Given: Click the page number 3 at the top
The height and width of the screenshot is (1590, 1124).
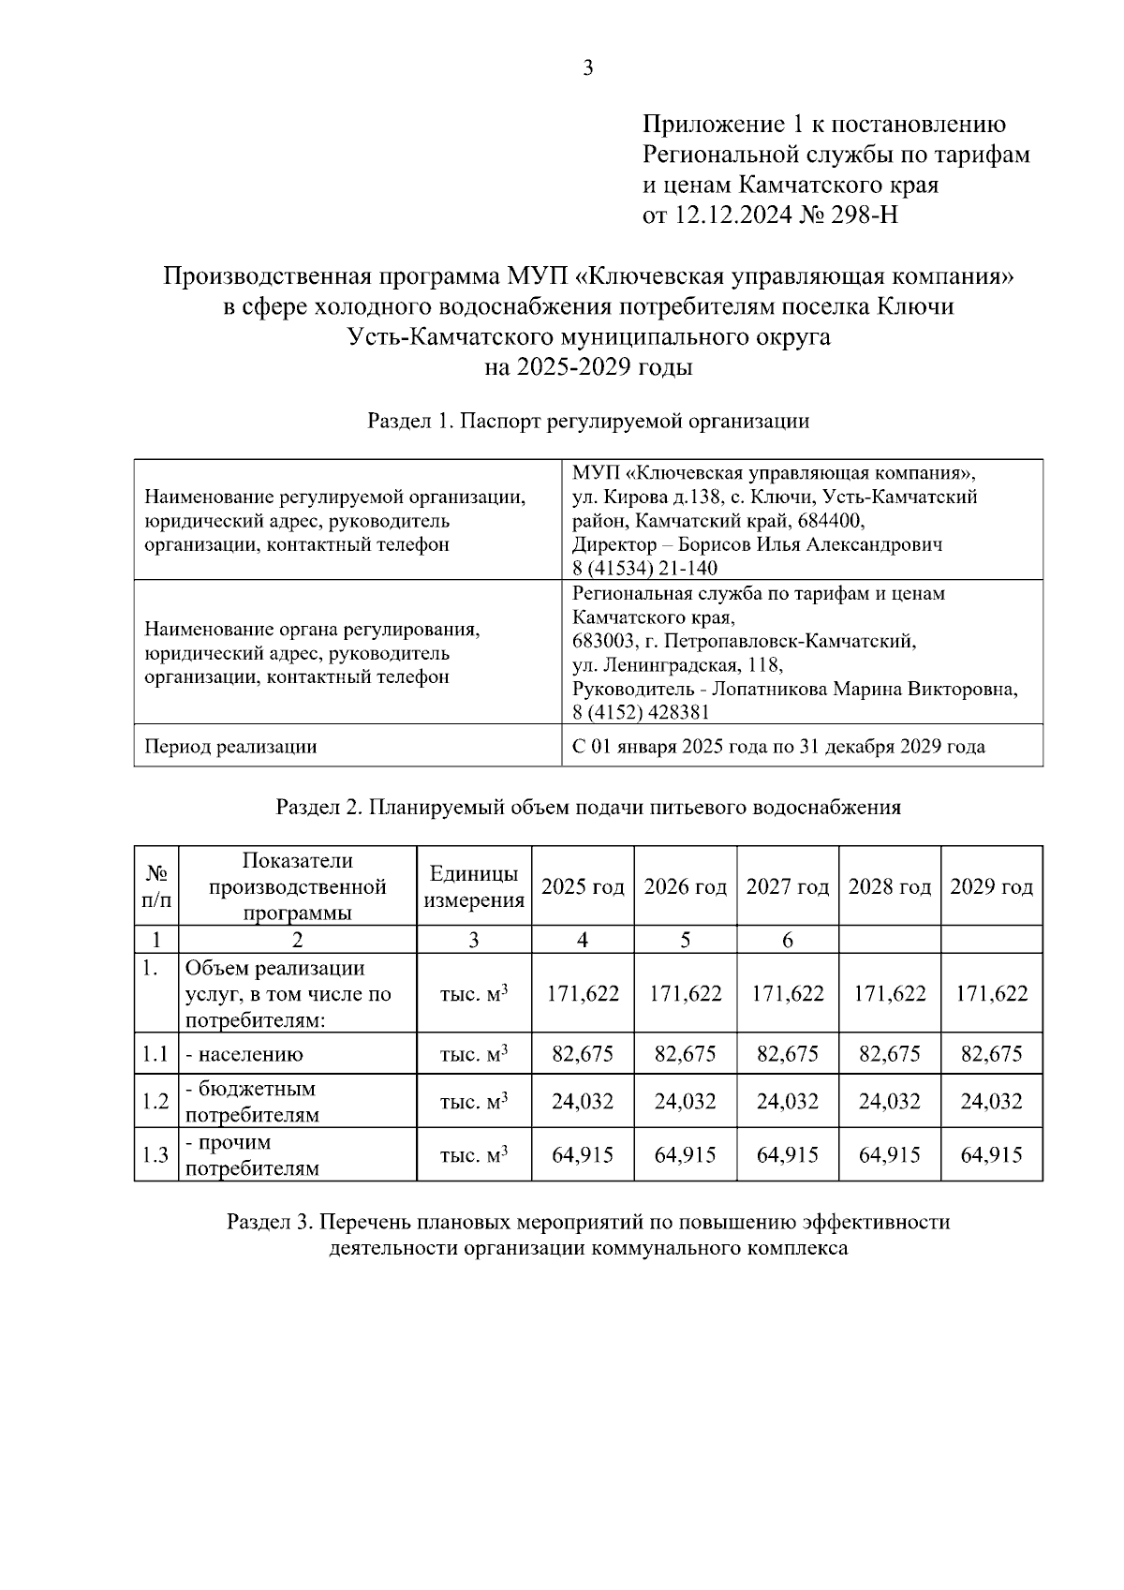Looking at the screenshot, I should (x=587, y=67).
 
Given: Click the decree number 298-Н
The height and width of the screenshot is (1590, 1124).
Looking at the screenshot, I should (x=865, y=215).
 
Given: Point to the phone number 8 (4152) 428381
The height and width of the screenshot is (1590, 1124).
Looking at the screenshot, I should (x=641, y=713).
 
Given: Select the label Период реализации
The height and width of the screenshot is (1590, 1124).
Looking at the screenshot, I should (x=230, y=747).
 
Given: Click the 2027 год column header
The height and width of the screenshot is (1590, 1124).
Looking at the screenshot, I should (x=787, y=886).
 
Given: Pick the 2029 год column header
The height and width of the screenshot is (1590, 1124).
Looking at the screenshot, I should (x=991, y=886).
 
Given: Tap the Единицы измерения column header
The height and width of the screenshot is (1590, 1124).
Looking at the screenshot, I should (x=474, y=886).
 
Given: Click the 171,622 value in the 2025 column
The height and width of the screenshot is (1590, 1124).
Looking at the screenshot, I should (x=583, y=994).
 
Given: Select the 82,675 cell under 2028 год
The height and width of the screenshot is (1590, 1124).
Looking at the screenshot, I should (x=889, y=1054).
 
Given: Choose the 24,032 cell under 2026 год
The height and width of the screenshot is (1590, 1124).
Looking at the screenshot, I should (x=685, y=1102).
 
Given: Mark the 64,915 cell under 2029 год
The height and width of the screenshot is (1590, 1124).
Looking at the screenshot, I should (x=991, y=1155).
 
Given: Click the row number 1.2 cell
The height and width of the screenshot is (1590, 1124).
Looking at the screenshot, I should (x=155, y=1102).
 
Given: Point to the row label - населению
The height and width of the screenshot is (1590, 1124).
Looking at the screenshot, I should (x=244, y=1054).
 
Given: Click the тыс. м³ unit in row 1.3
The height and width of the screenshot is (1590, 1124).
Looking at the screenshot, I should (x=474, y=1155).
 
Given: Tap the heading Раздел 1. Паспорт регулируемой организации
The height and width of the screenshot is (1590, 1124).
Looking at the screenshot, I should (x=588, y=421).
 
